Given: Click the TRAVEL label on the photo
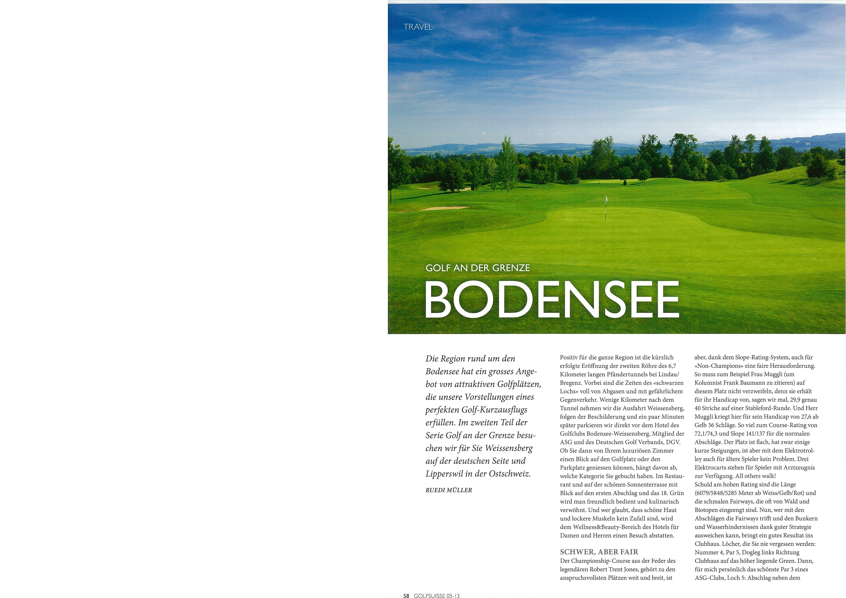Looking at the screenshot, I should tap(418, 27).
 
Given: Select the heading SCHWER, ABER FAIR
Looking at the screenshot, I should tap(599, 552).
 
